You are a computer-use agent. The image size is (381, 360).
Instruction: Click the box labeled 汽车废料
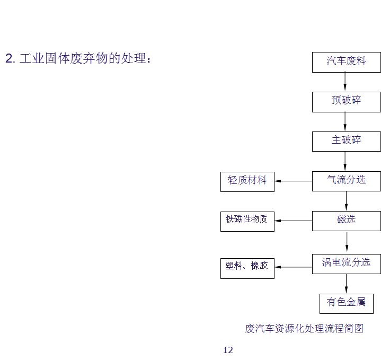[x=346, y=62]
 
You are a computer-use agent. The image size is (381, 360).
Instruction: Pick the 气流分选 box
[x=346, y=181]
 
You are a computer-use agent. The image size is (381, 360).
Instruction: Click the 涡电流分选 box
[x=346, y=263]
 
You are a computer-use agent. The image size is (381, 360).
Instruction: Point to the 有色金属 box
[x=346, y=303]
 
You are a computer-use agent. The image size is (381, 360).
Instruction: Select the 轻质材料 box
[x=247, y=181]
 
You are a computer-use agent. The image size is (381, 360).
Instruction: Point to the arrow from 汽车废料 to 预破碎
[x=345, y=82]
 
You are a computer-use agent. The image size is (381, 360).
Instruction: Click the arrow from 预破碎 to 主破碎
[x=345, y=121]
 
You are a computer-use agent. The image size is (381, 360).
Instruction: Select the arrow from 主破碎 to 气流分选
[x=345, y=161]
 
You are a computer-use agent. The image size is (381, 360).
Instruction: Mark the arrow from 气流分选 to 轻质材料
[x=293, y=181]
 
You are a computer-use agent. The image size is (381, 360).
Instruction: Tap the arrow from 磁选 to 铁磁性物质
[x=293, y=221]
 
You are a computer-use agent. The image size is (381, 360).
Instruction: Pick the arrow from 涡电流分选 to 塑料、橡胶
[x=293, y=267]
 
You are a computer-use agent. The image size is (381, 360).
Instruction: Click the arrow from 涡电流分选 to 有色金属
[x=347, y=283]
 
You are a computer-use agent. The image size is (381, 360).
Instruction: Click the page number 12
[x=228, y=350]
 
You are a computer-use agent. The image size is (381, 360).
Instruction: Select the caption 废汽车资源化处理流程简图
[x=304, y=329]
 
